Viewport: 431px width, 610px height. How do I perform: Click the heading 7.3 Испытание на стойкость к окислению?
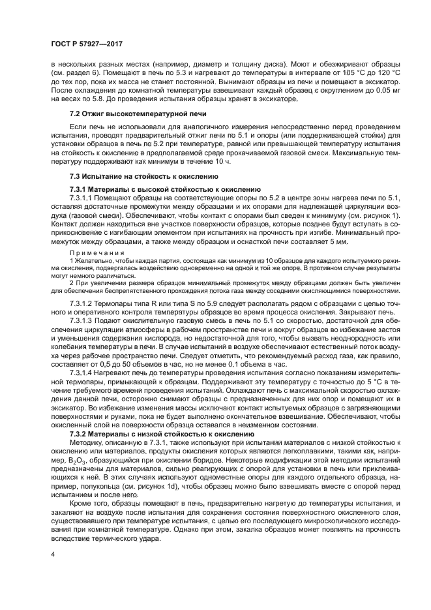(x=134, y=176)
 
